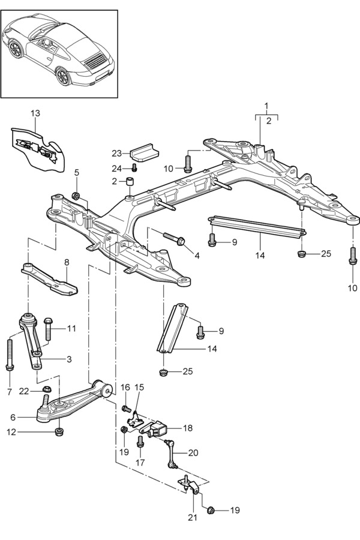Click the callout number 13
[x=35, y=113]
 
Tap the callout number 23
[x=116, y=153]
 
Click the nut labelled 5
[x=76, y=196]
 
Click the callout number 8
[x=67, y=262]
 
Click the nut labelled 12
[x=59, y=432]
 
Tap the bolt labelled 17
[x=140, y=442]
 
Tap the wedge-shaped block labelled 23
[x=144, y=151]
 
